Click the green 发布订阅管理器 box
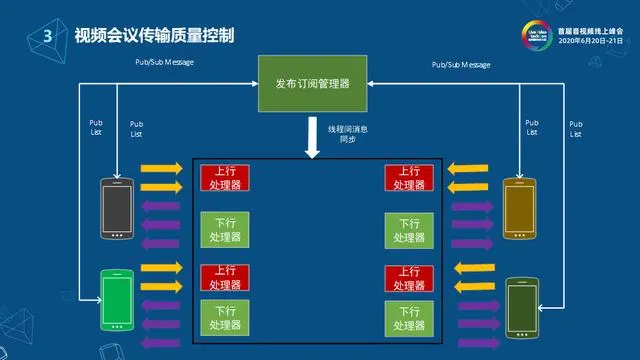point(312,82)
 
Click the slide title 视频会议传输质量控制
point(154,36)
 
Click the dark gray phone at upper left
point(118,208)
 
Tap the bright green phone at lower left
point(117,300)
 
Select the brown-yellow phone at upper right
point(520,208)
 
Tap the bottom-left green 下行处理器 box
point(225,317)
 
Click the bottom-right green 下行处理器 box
point(409,317)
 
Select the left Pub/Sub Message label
point(165,63)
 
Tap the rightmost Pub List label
point(575,128)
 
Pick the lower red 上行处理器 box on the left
point(225,276)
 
